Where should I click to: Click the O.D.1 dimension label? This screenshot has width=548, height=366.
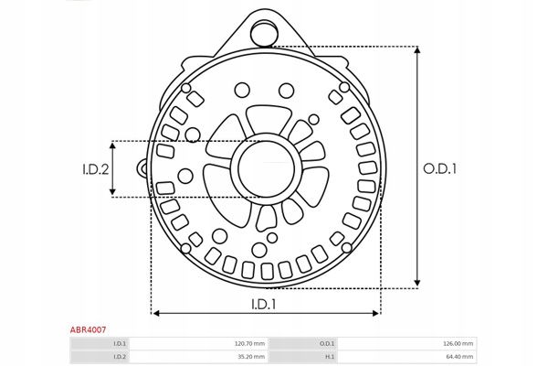point(439,168)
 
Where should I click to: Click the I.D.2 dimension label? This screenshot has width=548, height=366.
point(95,169)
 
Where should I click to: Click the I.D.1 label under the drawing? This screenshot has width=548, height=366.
point(264,305)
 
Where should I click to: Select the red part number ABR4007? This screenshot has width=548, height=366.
point(88,329)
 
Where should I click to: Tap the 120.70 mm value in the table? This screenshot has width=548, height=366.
point(249,344)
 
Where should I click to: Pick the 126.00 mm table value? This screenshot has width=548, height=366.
point(458,344)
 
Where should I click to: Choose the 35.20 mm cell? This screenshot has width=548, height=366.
point(251,357)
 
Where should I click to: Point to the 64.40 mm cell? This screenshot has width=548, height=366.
point(459,357)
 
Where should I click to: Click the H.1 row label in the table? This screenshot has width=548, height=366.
point(330,357)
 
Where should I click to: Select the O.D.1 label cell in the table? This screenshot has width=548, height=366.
point(327,344)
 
